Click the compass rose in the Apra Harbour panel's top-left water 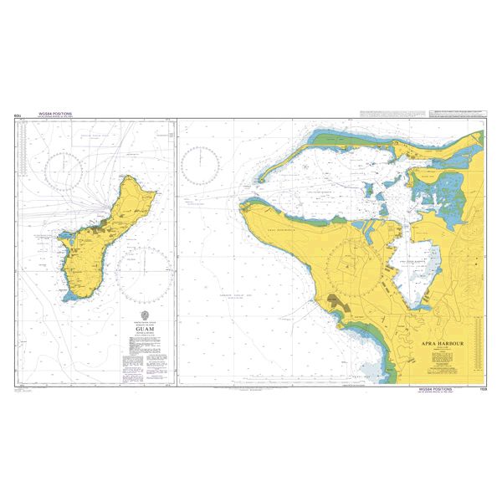pyautogui.click(x=202, y=164)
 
